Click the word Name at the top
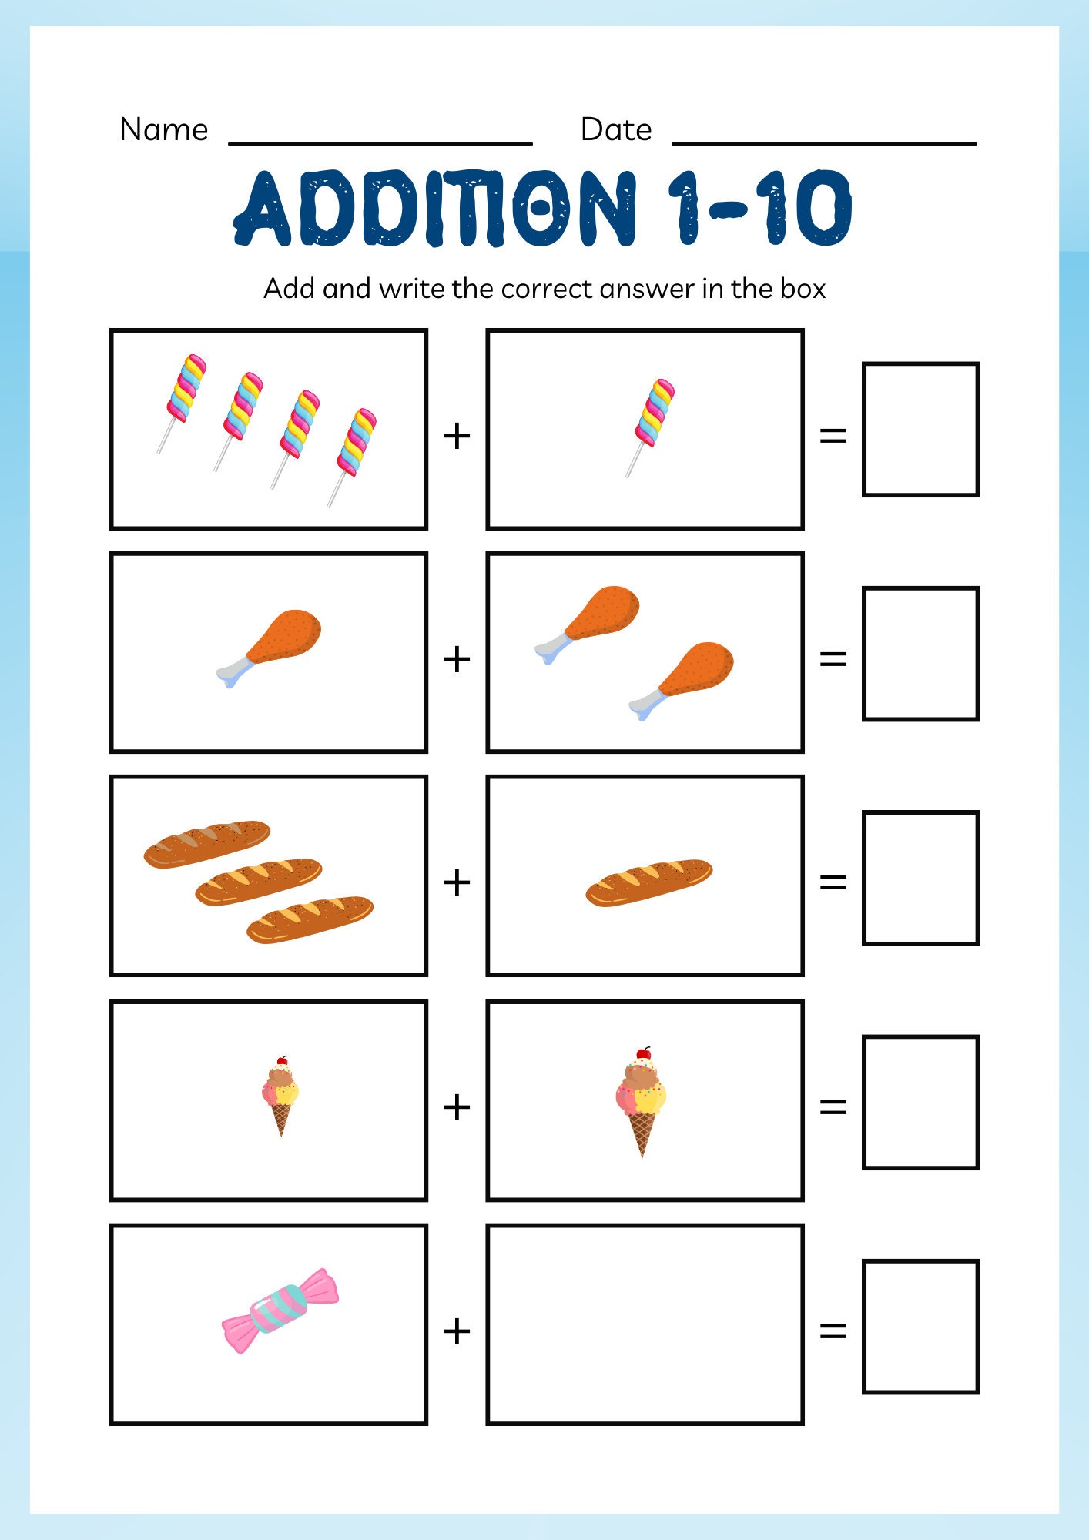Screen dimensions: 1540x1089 [163, 129]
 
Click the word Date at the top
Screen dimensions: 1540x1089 [615, 129]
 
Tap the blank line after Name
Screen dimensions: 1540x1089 [380, 142]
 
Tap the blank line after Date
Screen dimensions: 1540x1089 [824, 142]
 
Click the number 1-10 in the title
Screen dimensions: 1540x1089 [759, 208]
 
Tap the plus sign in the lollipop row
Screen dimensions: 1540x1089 [457, 436]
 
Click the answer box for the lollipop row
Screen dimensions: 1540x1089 [920, 430]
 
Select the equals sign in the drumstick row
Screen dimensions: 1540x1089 [833, 659]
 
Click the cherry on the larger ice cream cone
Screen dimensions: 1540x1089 [643, 1053]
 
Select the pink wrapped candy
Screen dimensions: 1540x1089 [280, 1310]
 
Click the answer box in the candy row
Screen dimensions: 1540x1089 [920, 1327]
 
